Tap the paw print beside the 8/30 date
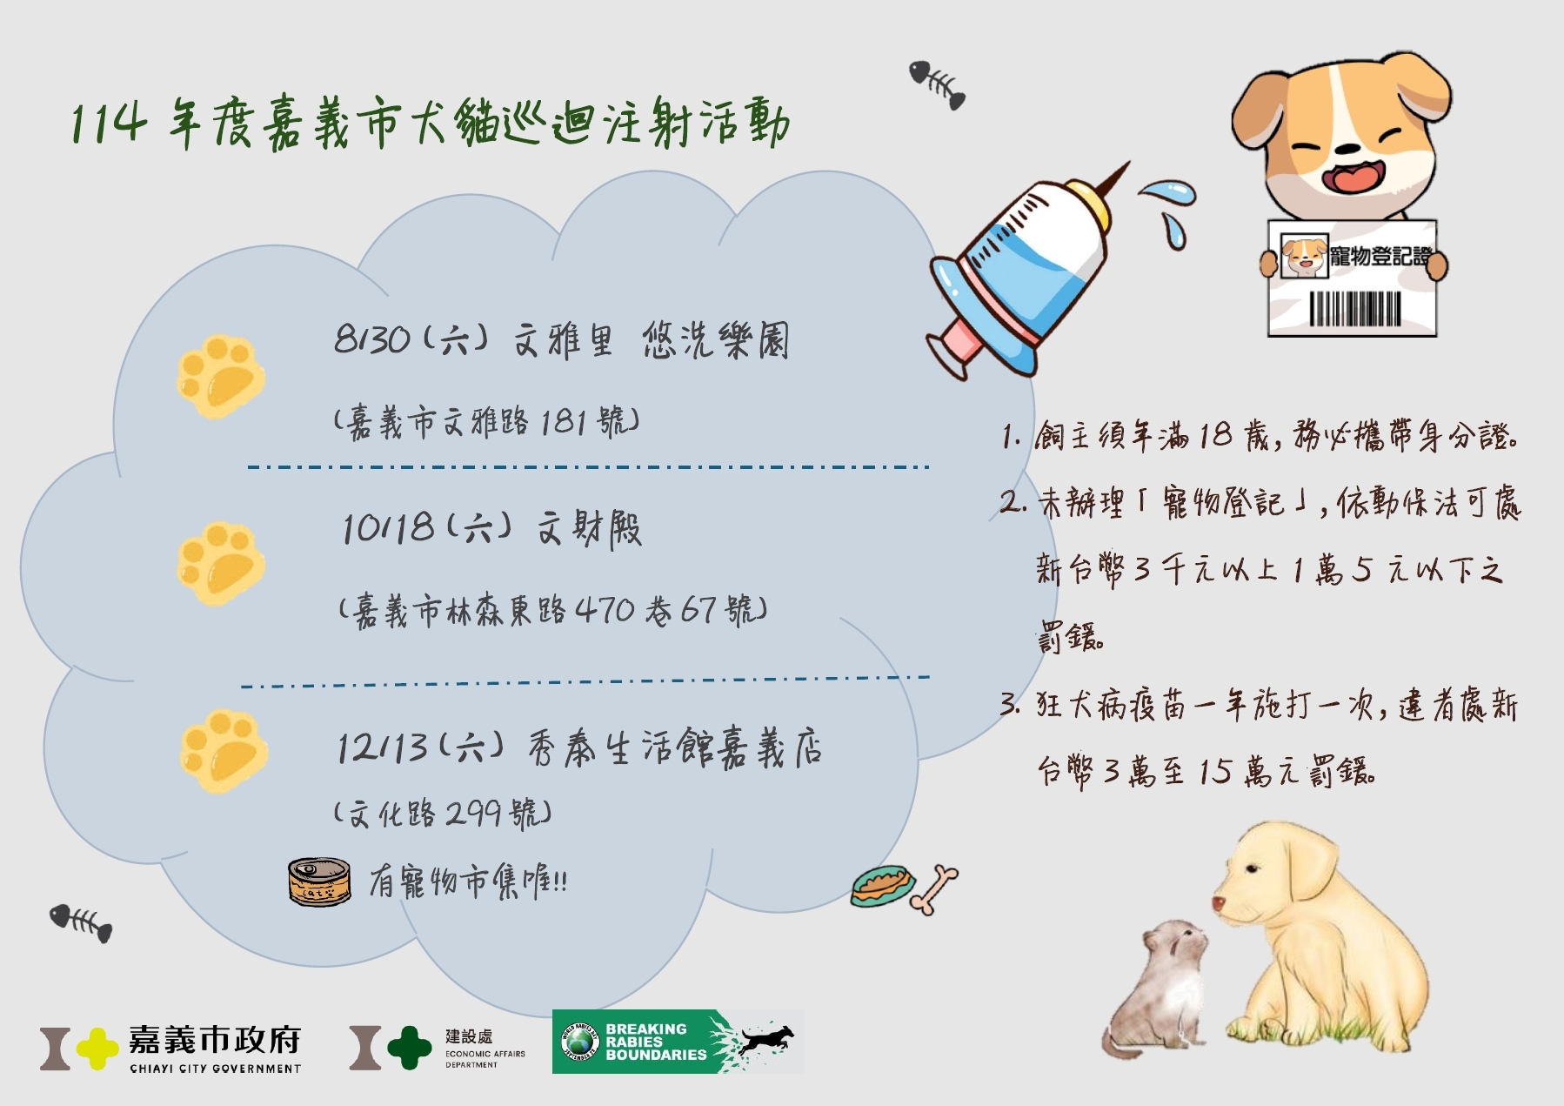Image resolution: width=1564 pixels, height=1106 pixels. (x=221, y=378)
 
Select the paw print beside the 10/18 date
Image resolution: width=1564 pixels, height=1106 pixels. (x=221, y=564)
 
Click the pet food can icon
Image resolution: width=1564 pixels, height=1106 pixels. (x=319, y=882)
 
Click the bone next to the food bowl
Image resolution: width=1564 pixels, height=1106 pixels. (x=933, y=890)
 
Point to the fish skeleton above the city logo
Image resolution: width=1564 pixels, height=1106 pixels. (x=81, y=923)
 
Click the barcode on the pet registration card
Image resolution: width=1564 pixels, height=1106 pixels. (x=1355, y=308)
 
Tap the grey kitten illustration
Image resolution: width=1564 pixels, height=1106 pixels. (x=1155, y=988)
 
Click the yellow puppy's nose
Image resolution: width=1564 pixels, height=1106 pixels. (x=1219, y=905)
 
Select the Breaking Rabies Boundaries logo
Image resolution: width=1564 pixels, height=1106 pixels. (x=678, y=1042)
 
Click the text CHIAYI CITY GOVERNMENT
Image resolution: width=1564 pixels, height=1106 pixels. (x=215, y=1069)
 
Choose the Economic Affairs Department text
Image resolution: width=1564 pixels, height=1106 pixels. (x=485, y=1058)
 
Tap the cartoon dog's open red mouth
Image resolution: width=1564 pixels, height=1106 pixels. (x=1350, y=177)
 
